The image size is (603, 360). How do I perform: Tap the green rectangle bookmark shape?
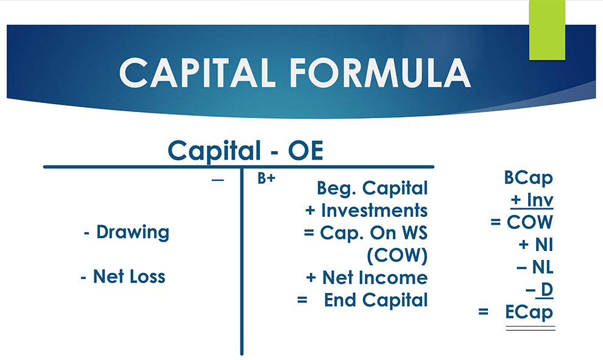(x=547, y=30)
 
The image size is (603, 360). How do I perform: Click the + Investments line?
(x=367, y=211)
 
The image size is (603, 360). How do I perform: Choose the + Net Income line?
(x=367, y=278)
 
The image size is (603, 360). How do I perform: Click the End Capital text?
(x=376, y=300)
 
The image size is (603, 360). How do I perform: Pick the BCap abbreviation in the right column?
(x=528, y=178)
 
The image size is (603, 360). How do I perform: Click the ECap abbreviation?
(x=529, y=312)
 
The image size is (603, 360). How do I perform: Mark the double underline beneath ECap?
(x=529, y=328)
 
